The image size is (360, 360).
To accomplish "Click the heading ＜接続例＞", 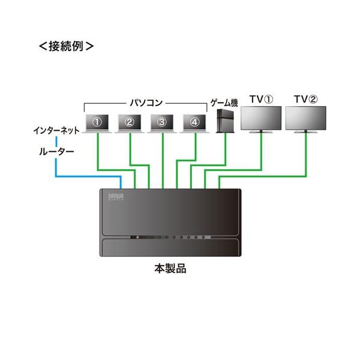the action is (66, 46).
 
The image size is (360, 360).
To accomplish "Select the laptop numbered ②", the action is (130, 122).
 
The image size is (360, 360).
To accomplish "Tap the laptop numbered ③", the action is (162, 122).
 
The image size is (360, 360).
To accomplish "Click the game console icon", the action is (224, 120).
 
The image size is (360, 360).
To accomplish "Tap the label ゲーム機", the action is (223, 101).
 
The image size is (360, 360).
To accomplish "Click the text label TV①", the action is (261, 98).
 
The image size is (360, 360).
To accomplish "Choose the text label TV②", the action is (306, 98).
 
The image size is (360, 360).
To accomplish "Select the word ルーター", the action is (54, 152).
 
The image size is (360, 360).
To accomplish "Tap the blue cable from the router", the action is (84, 176).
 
